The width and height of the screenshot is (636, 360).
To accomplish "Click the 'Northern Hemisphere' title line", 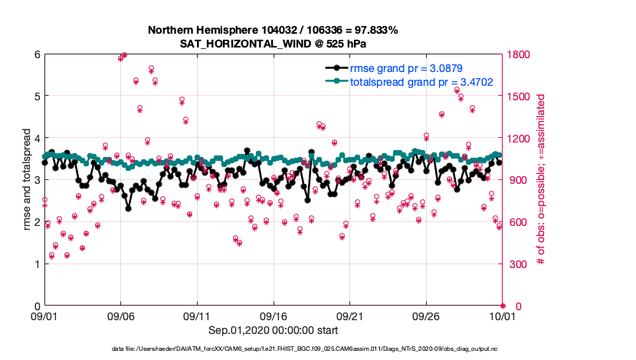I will (274, 30).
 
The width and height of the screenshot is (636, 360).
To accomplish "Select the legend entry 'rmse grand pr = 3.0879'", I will (406, 68).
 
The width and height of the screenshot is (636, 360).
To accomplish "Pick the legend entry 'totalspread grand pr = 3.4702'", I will (421, 80).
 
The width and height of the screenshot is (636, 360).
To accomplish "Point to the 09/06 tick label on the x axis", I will (120, 316).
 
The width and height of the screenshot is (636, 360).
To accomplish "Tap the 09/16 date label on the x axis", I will (274, 316).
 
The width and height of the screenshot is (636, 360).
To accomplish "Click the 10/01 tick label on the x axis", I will (503, 316).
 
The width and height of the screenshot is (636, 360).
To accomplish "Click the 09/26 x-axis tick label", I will (426, 316).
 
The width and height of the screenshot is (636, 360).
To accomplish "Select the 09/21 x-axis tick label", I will (349, 316).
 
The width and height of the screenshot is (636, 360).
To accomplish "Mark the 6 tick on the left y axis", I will (36, 54).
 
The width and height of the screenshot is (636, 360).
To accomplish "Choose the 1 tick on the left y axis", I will (36, 264).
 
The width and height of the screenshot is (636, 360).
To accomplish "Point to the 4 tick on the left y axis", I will (36, 139).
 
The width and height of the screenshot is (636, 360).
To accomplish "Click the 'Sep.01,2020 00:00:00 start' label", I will (274, 329).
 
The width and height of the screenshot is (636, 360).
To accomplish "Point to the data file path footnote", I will (317, 349).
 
